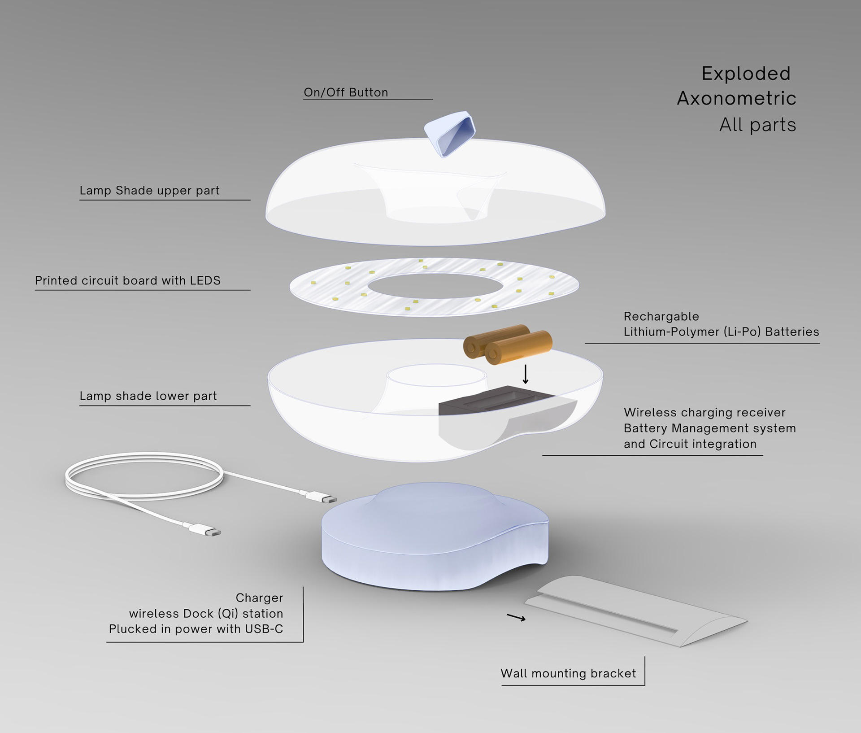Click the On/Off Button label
346,92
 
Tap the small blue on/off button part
450,133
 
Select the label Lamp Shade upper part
149,191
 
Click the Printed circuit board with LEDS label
128,281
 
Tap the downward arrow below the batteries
526,374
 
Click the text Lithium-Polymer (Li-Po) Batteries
721,332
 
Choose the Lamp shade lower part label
148,396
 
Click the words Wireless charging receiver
704,413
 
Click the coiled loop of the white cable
143,476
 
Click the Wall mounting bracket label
568,674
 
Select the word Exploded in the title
746,74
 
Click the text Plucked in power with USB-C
196,629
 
